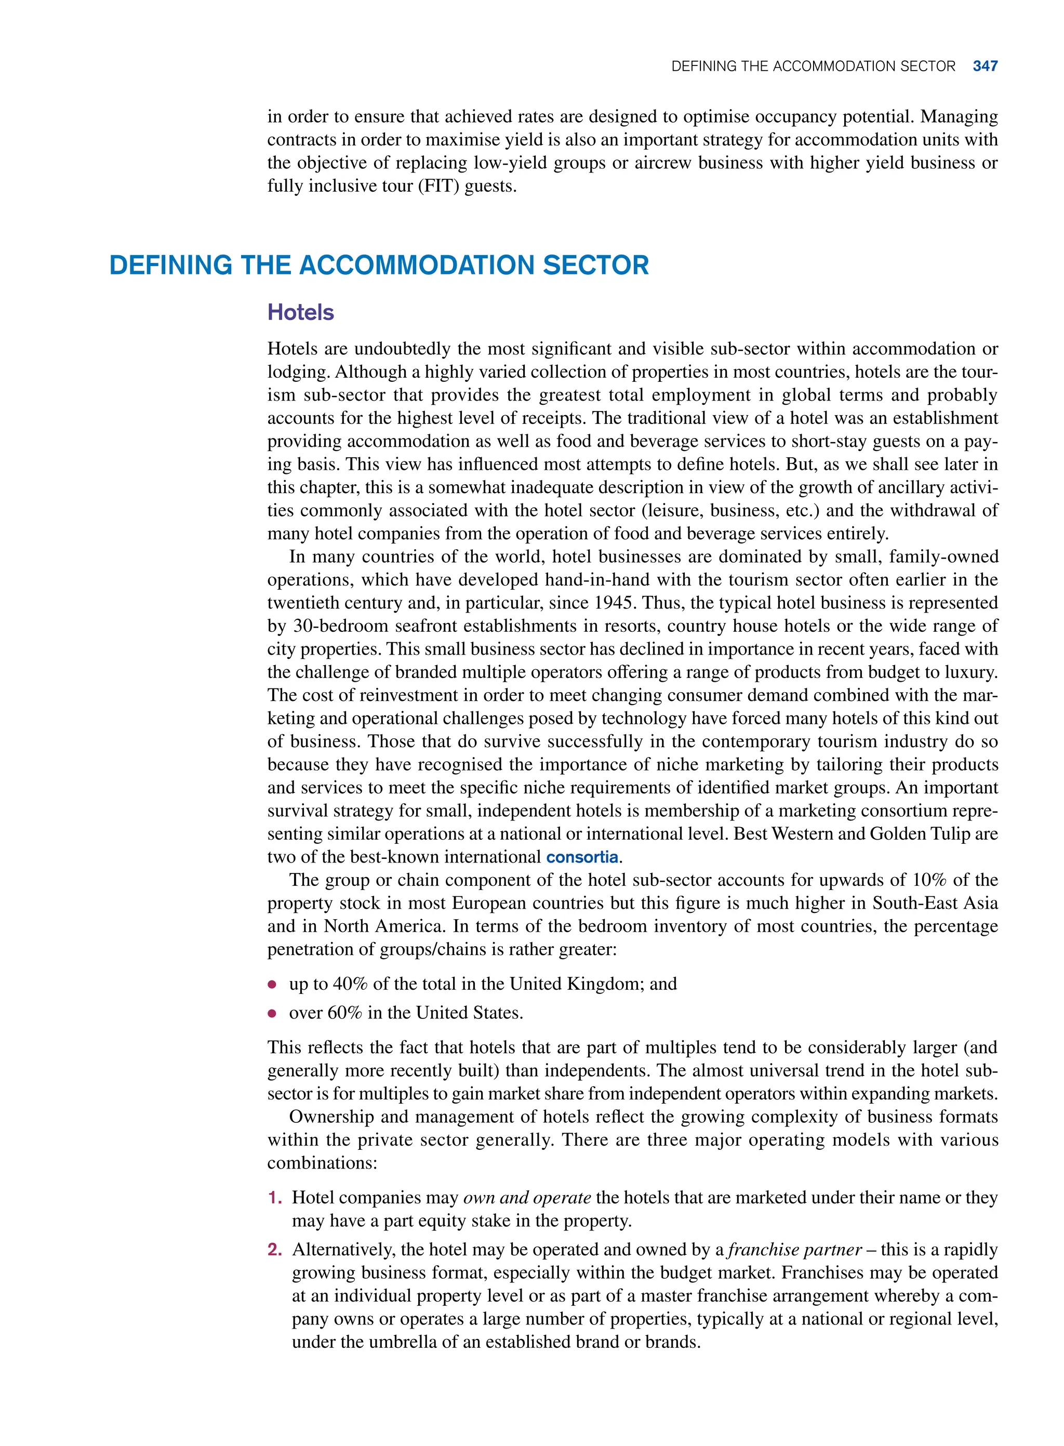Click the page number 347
(x=985, y=67)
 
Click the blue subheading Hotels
(x=300, y=312)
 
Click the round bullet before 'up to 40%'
(x=272, y=985)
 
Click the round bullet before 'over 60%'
(x=272, y=1013)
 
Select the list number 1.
(x=274, y=1198)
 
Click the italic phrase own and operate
(x=527, y=1198)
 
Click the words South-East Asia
(x=935, y=903)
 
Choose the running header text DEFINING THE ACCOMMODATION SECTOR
(x=813, y=67)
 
